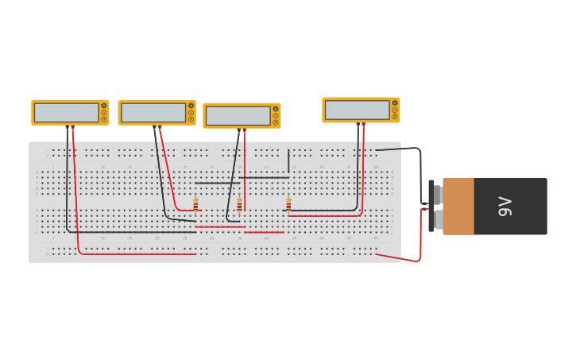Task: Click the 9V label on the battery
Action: (x=505, y=206)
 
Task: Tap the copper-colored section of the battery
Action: (x=458, y=206)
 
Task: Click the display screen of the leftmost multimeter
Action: (x=67, y=113)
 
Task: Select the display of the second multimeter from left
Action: (x=153, y=113)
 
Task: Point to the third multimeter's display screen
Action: (x=238, y=116)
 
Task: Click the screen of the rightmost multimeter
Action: (x=358, y=110)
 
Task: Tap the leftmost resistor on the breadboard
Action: (x=195, y=204)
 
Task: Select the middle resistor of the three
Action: (x=239, y=204)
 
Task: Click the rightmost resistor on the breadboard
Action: (x=288, y=204)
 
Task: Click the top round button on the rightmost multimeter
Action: (x=395, y=103)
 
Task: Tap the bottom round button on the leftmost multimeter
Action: (x=104, y=119)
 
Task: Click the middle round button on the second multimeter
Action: (x=191, y=113)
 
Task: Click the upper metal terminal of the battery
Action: (x=436, y=194)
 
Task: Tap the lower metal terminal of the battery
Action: (x=437, y=219)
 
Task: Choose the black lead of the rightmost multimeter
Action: (x=358, y=167)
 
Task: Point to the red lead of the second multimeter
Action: (x=167, y=167)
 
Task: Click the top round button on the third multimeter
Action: (x=276, y=109)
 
